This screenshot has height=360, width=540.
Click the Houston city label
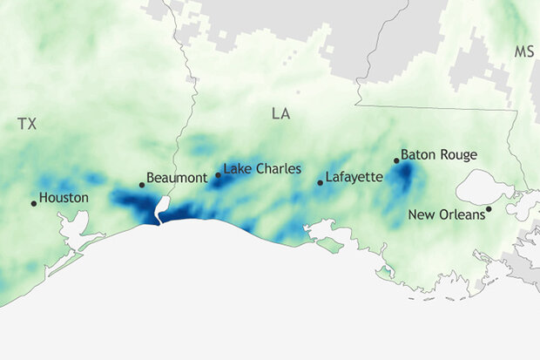pos(64,198)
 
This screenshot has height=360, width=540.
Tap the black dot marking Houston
pos(34,203)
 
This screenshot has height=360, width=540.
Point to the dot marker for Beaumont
pos(142,184)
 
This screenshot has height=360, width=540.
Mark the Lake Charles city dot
pos(218,175)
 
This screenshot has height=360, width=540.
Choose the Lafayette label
pos(354,177)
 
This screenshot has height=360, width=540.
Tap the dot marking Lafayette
pos(320,182)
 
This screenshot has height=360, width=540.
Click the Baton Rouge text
pos(440,155)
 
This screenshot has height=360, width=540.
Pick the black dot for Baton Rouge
pos(396,160)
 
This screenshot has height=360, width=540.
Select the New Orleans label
pos(447,214)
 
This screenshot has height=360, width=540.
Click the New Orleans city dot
pos(489,208)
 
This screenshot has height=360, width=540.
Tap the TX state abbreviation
pos(28,125)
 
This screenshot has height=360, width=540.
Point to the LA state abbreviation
pos(280,114)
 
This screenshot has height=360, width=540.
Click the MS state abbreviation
pos(523,52)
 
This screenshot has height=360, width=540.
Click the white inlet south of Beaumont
pos(161,208)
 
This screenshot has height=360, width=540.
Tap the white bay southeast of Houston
pos(70,233)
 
